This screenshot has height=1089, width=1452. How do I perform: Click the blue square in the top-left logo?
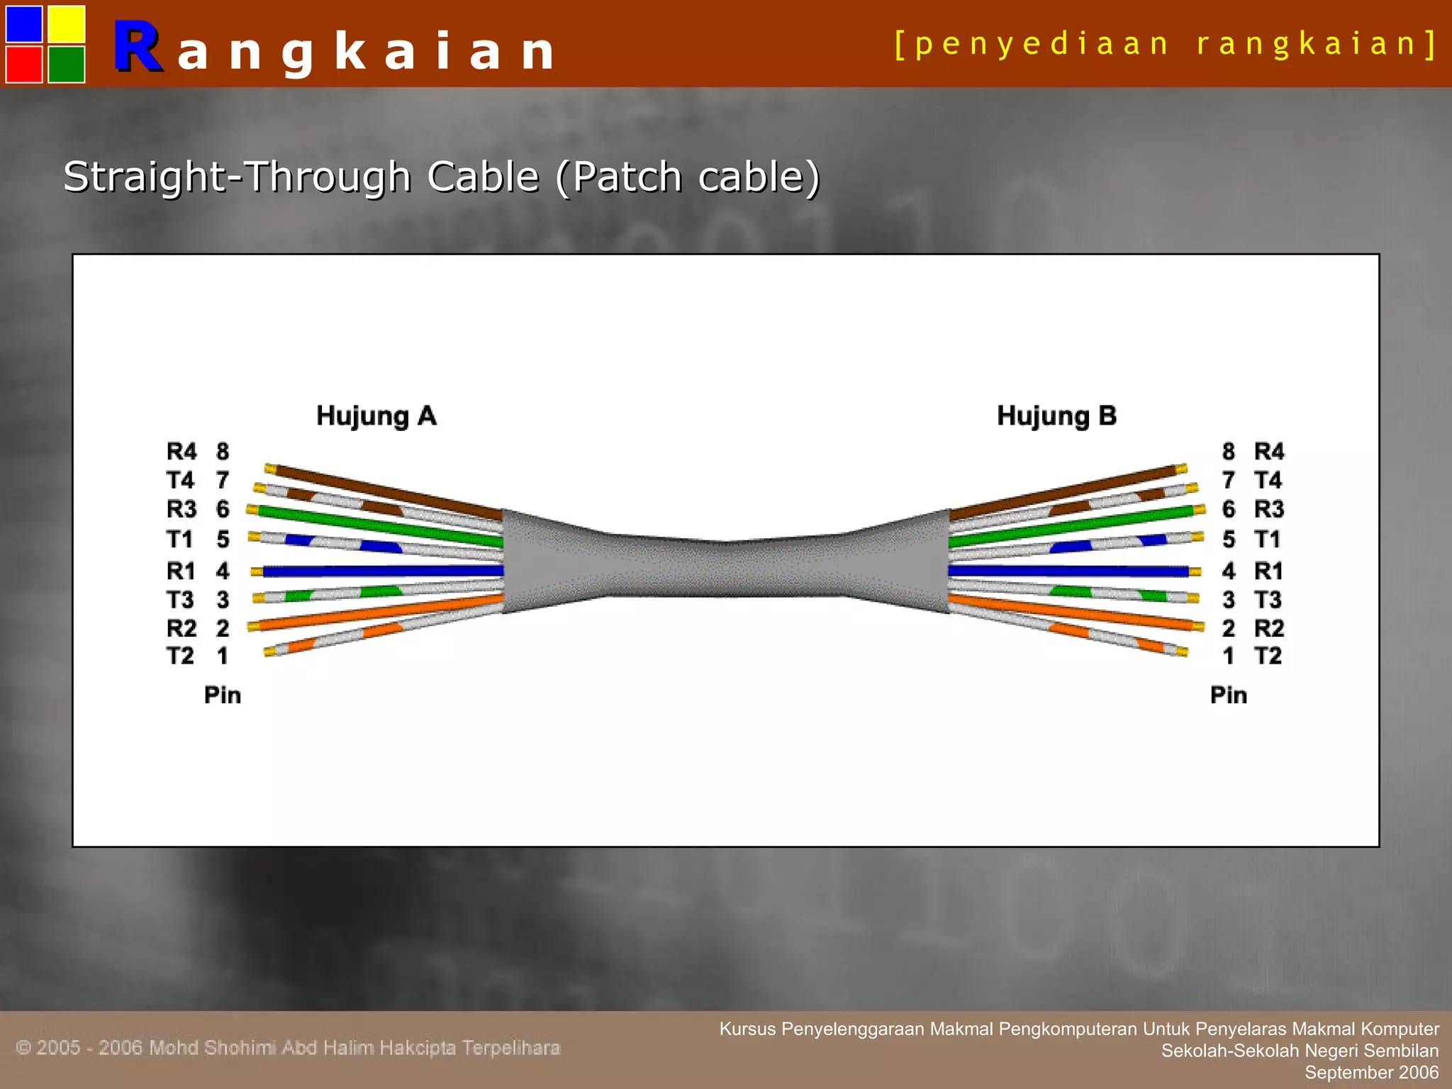[x=24, y=24]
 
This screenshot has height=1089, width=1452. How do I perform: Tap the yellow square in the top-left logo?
[x=67, y=24]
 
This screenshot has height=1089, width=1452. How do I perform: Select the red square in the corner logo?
[x=24, y=65]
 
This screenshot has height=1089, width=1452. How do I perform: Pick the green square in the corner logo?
[x=67, y=65]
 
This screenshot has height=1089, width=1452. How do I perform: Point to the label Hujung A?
[x=376, y=415]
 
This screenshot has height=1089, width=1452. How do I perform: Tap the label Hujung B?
[x=1056, y=415]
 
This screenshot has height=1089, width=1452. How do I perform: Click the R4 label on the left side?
[x=181, y=451]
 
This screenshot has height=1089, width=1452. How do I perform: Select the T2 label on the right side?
[x=1268, y=656]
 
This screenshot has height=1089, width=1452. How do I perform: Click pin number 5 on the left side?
[x=223, y=540]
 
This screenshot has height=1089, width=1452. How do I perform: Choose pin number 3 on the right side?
[x=1229, y=600]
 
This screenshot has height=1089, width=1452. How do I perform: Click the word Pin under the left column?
[x=223, y=695]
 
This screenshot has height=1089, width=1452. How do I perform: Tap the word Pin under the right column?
[x=1229, y=695]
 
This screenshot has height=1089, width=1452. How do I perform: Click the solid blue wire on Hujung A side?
[x=383, y=571]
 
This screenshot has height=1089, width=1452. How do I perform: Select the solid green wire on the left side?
[x=376, y=526]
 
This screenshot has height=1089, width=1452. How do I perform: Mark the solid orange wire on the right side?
[x=1071, y=612]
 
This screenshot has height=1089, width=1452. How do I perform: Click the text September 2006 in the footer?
[x=1372, y=1073]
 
